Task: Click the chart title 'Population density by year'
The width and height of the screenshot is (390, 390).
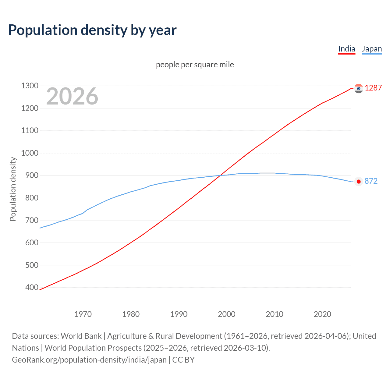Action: tap(92, 30)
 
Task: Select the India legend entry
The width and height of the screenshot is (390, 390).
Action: tap(347, 49)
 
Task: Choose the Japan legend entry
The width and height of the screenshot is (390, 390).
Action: tap(372, 49)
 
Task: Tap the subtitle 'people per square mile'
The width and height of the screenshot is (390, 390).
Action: tap(195, 65)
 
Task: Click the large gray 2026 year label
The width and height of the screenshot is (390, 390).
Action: tap(72, 96)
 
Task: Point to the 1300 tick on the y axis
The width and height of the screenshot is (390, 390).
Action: tap(30, 86)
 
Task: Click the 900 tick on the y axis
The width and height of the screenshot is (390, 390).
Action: tap(30, 175)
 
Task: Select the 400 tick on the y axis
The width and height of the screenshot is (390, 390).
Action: tap(30, 287)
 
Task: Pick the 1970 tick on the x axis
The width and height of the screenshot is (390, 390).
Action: tap(83, 314)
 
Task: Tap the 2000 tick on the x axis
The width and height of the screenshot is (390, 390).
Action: tap(227, 314)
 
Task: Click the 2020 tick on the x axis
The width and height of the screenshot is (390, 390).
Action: tap(322, 314)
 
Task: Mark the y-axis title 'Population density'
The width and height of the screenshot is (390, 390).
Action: tap(13, 189)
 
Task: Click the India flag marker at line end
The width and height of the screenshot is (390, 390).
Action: tap(359, 88)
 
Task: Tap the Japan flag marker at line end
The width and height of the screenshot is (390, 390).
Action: tap(359, 182)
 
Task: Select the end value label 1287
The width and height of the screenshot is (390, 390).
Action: tap(373, 88)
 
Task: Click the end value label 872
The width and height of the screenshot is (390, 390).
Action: tap(371, 181)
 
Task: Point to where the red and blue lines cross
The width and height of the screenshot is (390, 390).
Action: tap(220, 175)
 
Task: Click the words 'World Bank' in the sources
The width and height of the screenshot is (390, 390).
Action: tap(81, 336)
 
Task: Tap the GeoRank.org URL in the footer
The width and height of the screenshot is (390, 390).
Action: tap(89, 360)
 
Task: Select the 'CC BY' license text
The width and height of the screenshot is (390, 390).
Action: tap(183, 360)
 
